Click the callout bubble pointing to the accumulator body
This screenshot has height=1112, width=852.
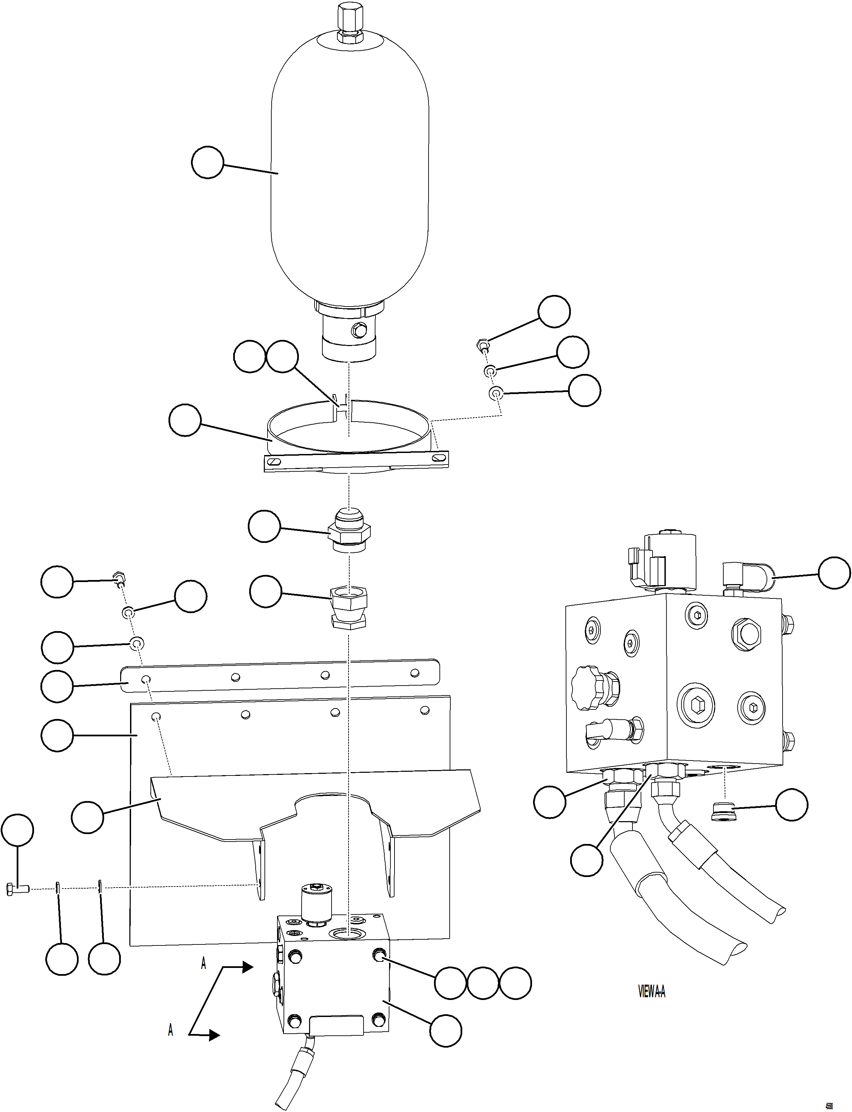(207, 163)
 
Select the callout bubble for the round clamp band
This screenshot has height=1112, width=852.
(185, 420)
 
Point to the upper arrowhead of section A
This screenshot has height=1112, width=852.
(247, 967)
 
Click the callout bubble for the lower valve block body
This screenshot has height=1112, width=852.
(446, 1030)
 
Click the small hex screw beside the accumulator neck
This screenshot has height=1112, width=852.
(484, 346)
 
